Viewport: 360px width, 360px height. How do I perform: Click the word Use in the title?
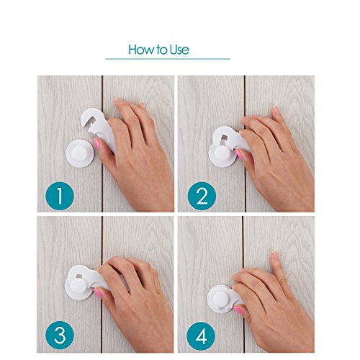coord(179,50)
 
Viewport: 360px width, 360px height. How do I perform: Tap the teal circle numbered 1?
coord(60,196)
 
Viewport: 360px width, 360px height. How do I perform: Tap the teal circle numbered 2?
coord(202,196)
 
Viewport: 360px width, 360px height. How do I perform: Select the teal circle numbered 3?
coord(60,335)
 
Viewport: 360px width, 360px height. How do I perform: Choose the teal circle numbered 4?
coord(201,336)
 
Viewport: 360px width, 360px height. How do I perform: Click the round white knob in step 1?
coord(80,153)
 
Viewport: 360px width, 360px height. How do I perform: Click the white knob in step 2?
coord(222,153)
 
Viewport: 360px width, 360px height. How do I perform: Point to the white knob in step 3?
coord(78,286)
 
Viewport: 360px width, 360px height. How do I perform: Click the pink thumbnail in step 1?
coord(97,144)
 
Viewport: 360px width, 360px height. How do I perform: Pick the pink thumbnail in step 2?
coord(238,154)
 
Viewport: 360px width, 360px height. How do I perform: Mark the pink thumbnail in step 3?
coord(97,293)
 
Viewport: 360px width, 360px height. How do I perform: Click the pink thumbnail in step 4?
coord(238,310)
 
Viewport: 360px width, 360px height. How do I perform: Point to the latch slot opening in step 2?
coord(223,140)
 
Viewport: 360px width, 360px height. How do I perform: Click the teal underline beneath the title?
coord(168,59)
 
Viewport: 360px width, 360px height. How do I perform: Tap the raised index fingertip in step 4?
coord(275,256)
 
